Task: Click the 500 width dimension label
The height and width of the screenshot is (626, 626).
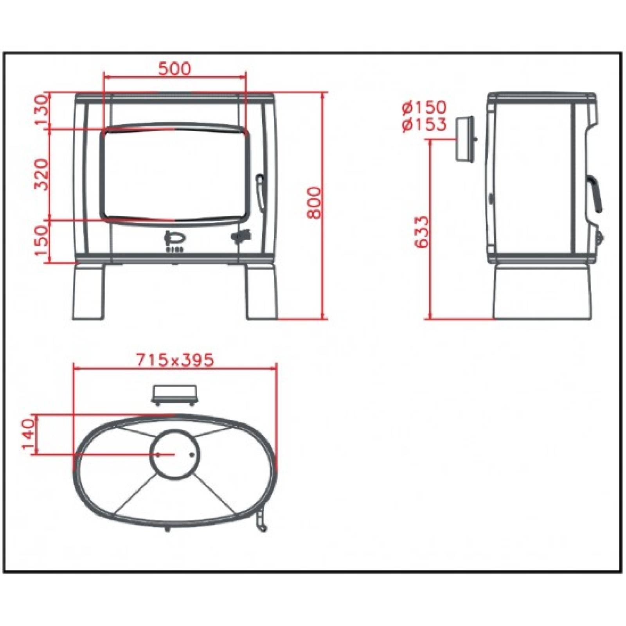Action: pos(175,68)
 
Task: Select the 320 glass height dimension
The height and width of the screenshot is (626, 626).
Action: pos(41,174)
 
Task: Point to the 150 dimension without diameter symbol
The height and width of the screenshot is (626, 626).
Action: pos(42,239)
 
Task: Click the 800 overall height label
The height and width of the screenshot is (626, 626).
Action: pos(313,203)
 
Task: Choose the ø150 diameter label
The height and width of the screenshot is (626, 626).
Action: pos(424,107)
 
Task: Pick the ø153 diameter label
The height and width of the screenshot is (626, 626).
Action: pos(424,124)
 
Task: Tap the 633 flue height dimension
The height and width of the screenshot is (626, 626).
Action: pos(421,232)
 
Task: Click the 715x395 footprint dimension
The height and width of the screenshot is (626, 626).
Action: pos(175,360)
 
